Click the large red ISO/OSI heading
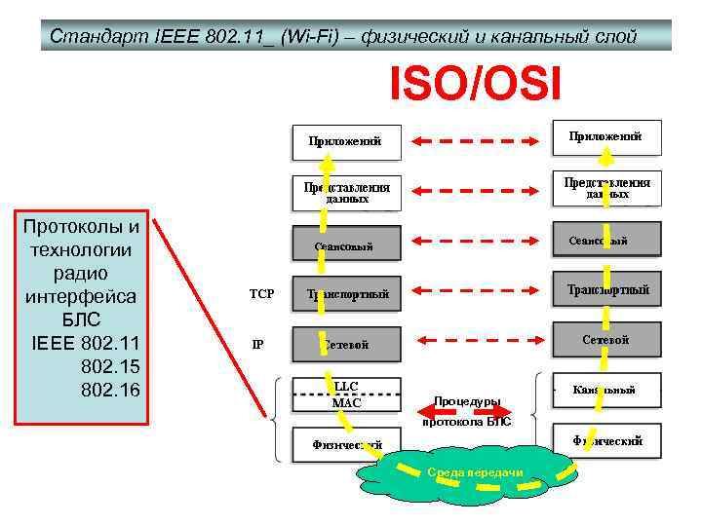(476, 84)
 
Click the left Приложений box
(346, 141)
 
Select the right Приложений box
(606, 137)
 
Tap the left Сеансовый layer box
(346, 245)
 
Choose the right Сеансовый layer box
(606, 241)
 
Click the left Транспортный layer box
(346, 293)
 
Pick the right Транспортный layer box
(606, 289)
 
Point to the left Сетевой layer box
(346, 343)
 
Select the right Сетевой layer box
(606, 340)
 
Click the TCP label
(261, 293)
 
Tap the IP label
(258, 343)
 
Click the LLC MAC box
(346, 394)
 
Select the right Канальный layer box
(606, 390)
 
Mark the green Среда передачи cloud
(474, 473)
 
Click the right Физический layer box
(606, 440)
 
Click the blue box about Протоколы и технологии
(80, 316)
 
